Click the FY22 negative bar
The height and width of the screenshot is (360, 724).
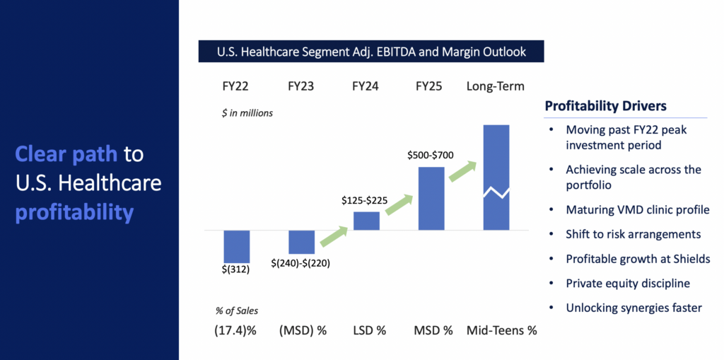point(237,246)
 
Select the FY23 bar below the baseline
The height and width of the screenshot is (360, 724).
point(301,242)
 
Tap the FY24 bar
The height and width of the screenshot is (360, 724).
point(367,221)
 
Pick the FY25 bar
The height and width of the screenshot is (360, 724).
point(431,198)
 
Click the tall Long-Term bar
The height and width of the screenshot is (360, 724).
point(496,177)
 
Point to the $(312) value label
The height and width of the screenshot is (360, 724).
point(235,269)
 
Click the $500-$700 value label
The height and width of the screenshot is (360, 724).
point(431,156)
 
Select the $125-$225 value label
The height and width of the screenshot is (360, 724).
point(364,201)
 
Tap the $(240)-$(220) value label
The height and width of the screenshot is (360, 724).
point(300,263)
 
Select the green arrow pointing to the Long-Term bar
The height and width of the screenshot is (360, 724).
point(463,171)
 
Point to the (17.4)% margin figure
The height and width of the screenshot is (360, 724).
point(235,331)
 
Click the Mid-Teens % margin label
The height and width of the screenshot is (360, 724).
point(502,331)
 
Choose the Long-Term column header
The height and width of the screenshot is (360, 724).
point(496,86)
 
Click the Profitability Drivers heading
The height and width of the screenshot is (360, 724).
point(606,106)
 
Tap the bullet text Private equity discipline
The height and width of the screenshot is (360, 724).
point(628,284)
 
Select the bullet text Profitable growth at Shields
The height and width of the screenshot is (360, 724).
point(638,259)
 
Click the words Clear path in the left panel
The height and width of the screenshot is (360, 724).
point(66,154)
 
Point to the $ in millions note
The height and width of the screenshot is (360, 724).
point(247,112)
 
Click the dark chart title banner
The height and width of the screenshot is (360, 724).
point(371,52)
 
